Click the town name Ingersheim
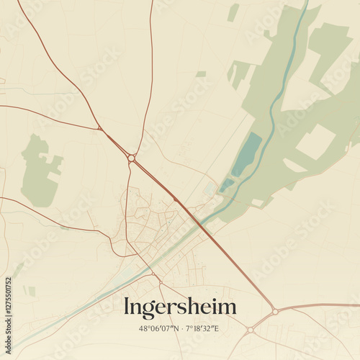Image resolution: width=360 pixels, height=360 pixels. point(180,307)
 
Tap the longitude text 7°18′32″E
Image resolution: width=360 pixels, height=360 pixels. point(203,329)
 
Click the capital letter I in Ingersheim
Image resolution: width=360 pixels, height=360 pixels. point(127,307)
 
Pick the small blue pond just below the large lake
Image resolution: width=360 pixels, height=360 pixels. point(227,184)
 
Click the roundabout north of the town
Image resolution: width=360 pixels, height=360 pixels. point(131,158)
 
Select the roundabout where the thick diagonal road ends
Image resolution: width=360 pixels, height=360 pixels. point(274,312)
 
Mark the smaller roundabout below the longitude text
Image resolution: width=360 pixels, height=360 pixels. point(250,330)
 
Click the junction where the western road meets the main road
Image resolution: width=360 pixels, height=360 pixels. point(100,129)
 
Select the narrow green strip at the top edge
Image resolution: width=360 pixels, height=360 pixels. point(233,12)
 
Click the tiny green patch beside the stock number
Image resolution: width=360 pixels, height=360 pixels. point(31,291)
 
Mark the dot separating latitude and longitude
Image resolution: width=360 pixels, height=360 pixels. point(180,329)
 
